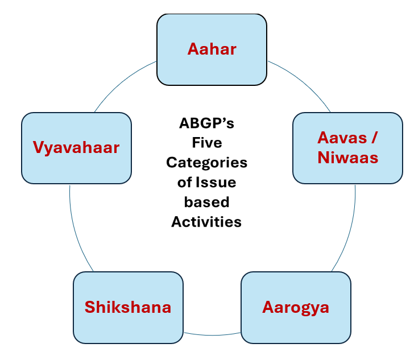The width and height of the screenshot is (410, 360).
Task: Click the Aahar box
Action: [x=212, y=49]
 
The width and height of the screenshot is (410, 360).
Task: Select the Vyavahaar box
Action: [x=76, y=148]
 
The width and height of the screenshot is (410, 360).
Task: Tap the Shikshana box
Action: [x=128, y=308]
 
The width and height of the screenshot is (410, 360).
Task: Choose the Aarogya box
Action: [x=296, y=308]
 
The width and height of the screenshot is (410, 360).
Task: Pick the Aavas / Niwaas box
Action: [x=348, y=148]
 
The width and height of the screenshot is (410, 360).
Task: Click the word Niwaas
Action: [x=348, y=158]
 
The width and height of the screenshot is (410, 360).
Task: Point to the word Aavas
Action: [x=342, y=138]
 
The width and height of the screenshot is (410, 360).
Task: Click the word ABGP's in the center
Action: [x=206, y=123]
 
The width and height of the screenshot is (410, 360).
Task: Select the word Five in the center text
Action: [x=207, y=143]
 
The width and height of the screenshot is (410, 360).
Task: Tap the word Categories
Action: [x=206, y=163]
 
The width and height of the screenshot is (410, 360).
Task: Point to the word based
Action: [x=206, y=202]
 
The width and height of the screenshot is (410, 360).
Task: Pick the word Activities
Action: [x=206, y=222]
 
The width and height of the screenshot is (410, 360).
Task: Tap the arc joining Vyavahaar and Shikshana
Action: [x=76, y=231]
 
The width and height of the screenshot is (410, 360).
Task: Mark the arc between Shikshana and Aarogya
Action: [x=212, y=335]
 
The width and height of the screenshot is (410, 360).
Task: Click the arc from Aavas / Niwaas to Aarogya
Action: [x=349, y=231]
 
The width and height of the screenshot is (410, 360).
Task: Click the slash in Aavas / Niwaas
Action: [x=375, y=138]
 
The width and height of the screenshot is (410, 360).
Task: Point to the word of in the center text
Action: [x=185, y=182]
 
